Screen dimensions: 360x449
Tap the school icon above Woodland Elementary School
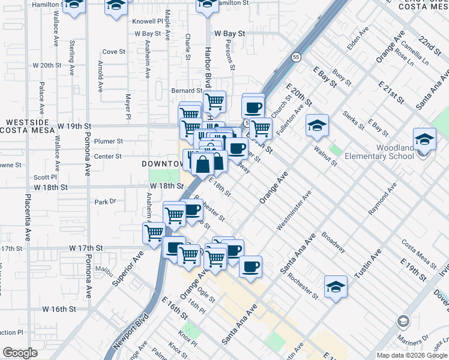424,139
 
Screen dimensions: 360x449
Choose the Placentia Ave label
28,218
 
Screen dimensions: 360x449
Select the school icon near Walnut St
316,125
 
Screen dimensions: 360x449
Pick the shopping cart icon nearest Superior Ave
154,232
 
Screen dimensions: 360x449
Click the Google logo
20,353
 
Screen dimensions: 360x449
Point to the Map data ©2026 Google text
412,355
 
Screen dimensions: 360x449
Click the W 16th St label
59,309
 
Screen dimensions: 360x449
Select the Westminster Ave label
294,211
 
